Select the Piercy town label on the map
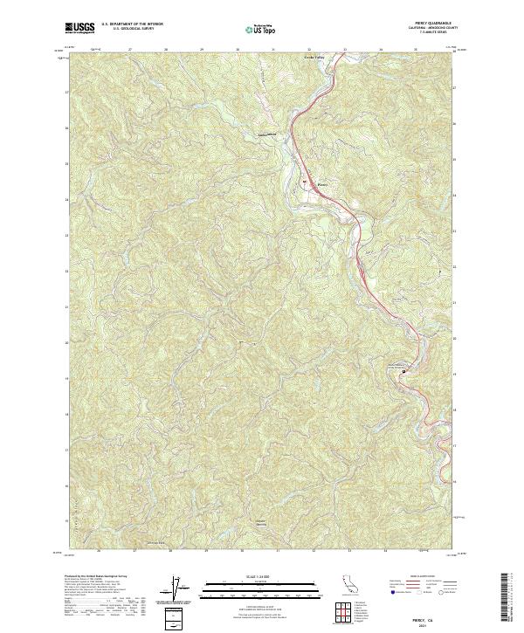pyautogui.click(x=321, y=184)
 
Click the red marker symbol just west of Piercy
pyautogui.click(x=306, y=182)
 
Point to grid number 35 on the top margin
pyautogui.click(x=415, y=49)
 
